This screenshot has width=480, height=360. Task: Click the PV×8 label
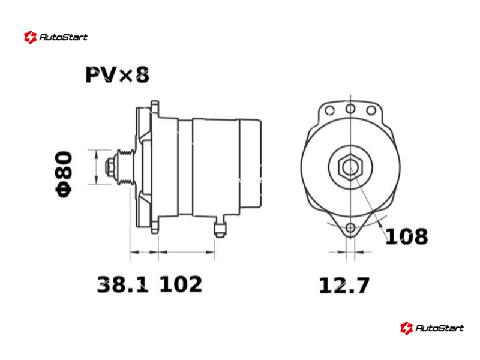(x=117, y=74)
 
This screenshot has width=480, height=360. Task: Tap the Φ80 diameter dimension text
(x=64, y=174)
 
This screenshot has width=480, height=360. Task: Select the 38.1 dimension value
(x=123, y=284)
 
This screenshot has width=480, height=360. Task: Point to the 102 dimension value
(x=181, y=284)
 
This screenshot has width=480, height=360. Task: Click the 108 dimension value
(x=407, y=236)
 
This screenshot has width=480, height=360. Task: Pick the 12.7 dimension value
(x=344, y=286)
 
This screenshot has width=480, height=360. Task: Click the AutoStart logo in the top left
(x=56, y=37)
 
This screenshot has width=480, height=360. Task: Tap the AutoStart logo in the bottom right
(x=431, y=328)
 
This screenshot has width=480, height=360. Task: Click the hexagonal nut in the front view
(x=350, y=167)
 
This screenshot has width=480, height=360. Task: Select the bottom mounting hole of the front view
(x=350, y=228)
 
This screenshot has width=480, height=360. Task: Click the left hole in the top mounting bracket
(x=329, y=110)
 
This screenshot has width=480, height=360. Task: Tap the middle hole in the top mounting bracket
(x=350, y=109)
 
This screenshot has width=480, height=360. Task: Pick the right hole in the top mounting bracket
(x=371, y=110)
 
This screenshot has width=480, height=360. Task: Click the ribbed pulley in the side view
(x=126, y=167)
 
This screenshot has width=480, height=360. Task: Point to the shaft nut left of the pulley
(x=110, y=167)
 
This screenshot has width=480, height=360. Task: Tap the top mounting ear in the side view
(x=155, y=109)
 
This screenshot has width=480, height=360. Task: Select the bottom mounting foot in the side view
(x=155, y=226)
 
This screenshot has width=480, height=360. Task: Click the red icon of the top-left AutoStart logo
(x=31, y=37)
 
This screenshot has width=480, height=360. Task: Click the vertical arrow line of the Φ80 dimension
(x=97, y=167)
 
